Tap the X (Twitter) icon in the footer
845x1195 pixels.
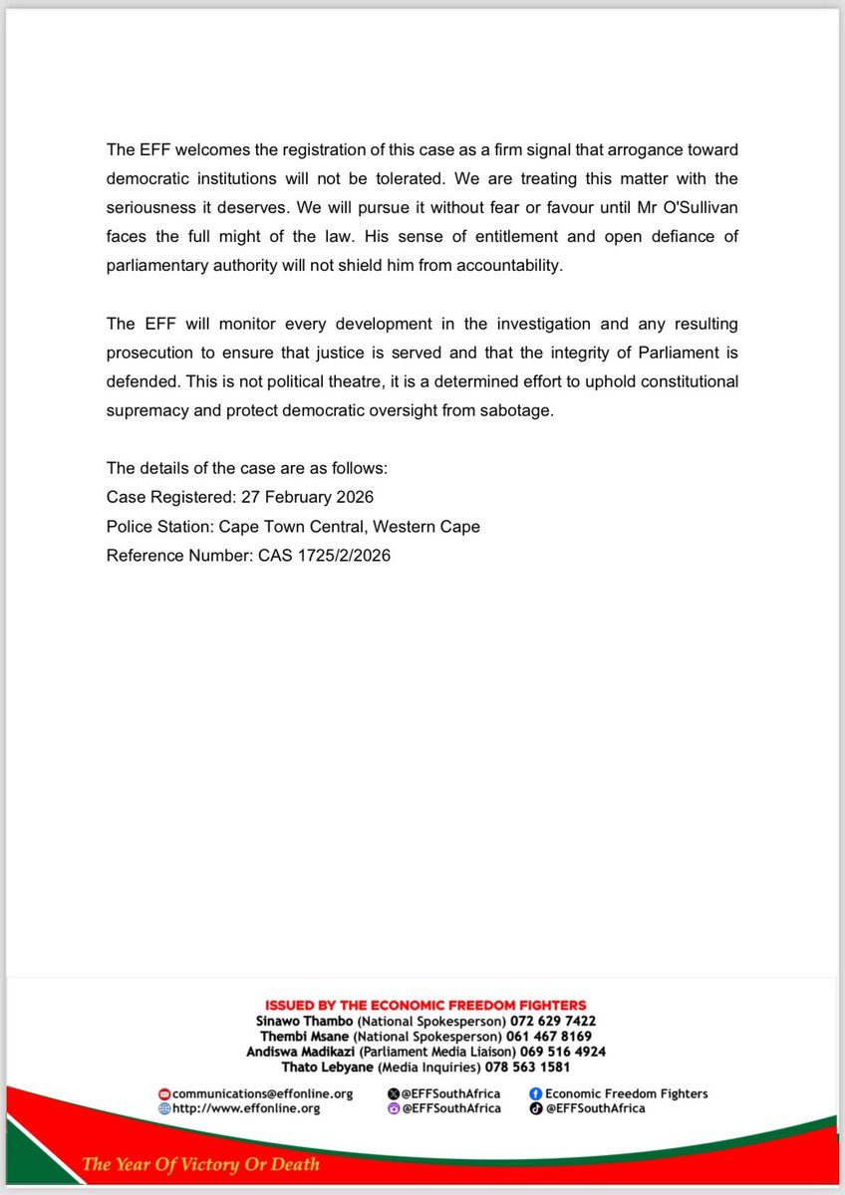(x=393, y=1093)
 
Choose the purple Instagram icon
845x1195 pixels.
(x=393, y=1108)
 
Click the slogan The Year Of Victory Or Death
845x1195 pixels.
(x=200, y=1163)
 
